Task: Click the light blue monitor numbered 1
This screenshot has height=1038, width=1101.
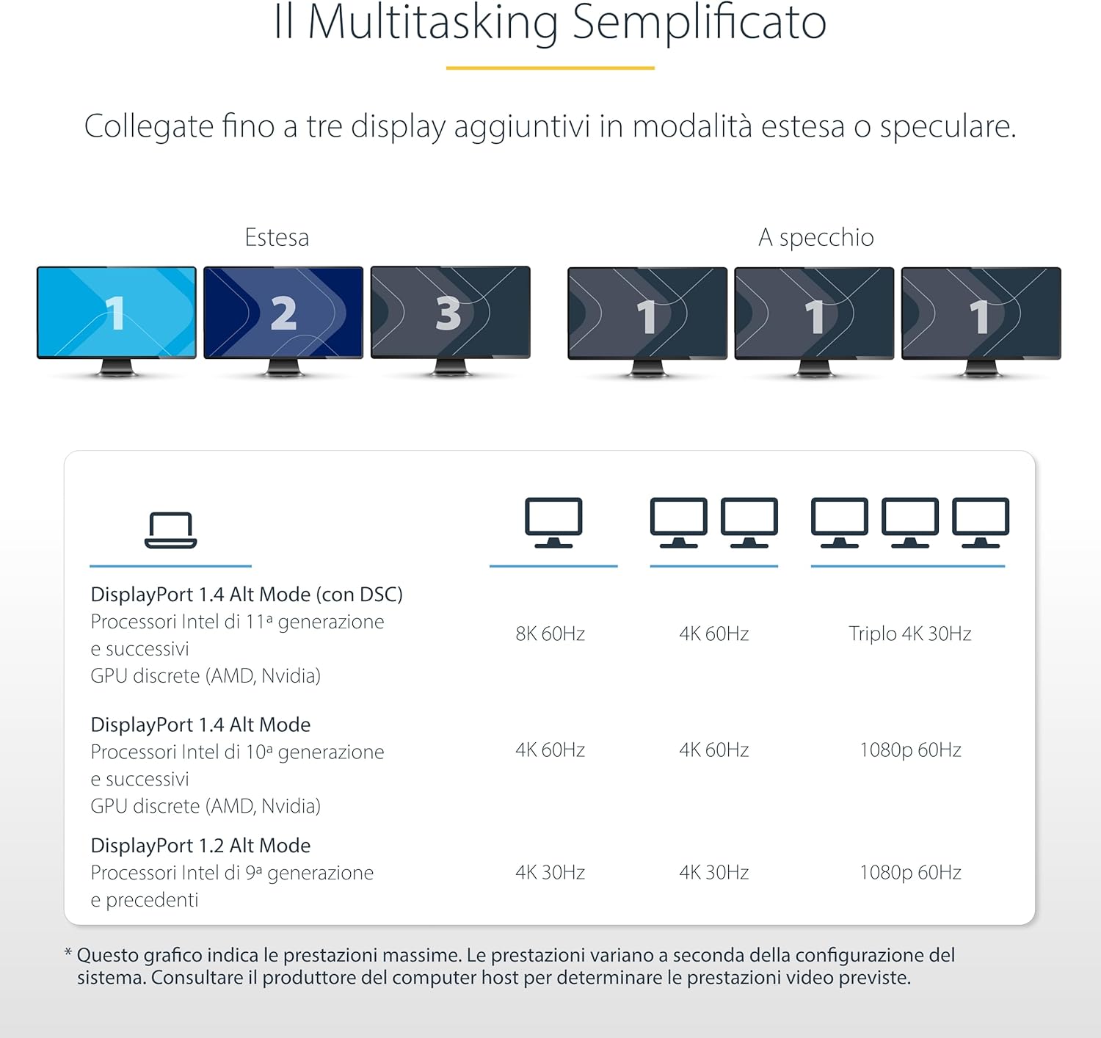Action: tap(116, 313)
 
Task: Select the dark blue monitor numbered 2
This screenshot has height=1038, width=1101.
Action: tap(283, 313)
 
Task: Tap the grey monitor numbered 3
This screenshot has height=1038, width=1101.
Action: tap(450, 313)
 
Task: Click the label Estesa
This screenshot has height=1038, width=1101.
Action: tap(277, 237)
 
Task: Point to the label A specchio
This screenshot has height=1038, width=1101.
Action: tap(815, 237)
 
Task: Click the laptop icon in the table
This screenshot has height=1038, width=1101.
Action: tap(170, 530)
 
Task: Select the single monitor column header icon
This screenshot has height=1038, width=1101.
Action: tap(553, 523)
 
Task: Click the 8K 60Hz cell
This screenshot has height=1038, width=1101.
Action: tap(550, 634)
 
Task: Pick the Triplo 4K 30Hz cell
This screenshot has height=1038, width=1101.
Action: tap(909, 634)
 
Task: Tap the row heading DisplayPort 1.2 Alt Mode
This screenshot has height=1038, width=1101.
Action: tap(200, 846)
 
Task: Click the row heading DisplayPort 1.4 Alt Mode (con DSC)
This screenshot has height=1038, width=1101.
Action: tap(247, 595)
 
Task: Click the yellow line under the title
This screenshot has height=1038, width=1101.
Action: tap(550, 68)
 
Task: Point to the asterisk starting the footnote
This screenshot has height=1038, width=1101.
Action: tap(68, 954)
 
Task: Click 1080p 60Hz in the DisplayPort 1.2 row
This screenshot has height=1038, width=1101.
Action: tap(910, 872)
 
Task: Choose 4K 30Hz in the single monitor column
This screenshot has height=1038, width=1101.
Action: tap(550, 872)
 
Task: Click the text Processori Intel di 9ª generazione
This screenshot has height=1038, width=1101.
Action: tap(232, 873)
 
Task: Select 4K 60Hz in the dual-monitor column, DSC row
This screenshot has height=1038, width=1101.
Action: tap(713, 634)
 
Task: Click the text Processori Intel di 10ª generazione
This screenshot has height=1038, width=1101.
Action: tap(237, 752)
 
